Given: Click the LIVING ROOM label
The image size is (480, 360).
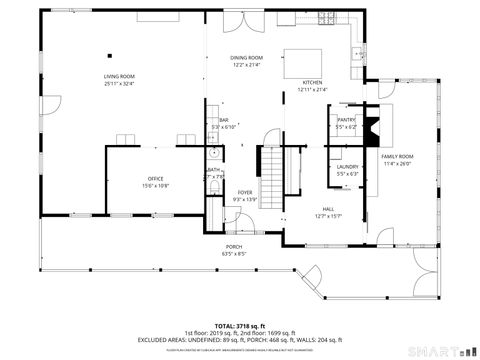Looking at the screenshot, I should click(119, 76).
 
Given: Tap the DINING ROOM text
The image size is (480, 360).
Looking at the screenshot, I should click(247, 58).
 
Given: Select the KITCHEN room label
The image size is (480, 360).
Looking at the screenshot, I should click(312, 83).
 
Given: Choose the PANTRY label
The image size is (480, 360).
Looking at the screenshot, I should click(347, 120).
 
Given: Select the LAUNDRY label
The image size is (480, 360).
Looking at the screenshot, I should click(347, 167).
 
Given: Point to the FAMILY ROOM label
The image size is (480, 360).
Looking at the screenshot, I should click(397, 157).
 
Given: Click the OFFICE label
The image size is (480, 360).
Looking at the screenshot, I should click(155, 179).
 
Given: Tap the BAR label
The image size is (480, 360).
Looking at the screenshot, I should click(224, 120).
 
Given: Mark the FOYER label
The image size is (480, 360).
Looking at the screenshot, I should click(245, 193).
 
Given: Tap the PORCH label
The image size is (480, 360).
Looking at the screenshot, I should click(233, 246).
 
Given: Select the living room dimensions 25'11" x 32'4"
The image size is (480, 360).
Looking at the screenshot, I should click(119, 83).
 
